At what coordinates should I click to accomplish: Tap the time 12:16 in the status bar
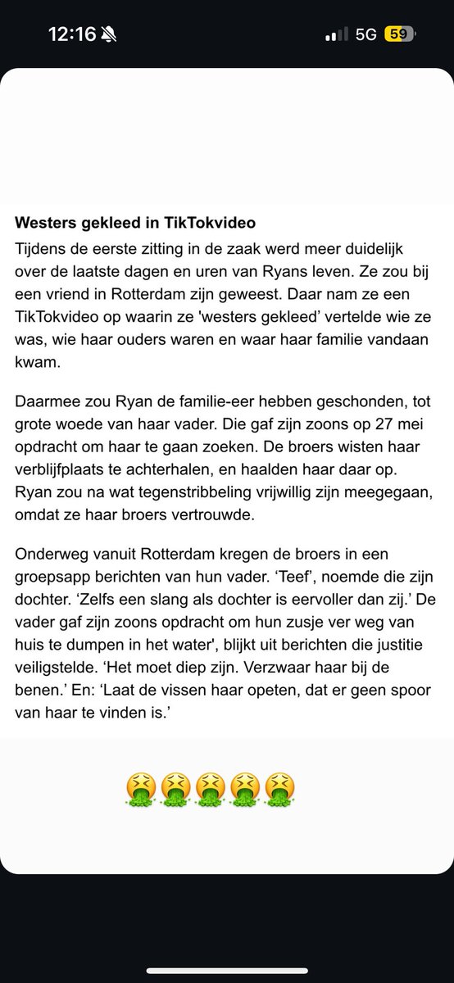(x=73, y=34)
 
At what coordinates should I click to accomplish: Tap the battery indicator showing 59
(x=401, y=34)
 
